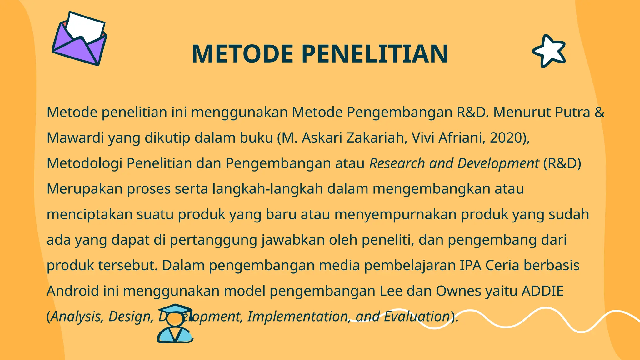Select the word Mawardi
tap(75, 138)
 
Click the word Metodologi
tap(84, 163)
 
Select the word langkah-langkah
tap(267, 189)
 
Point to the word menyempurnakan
tap(395, 215)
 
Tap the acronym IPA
tap(470, 266)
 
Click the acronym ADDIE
tap(542, 291)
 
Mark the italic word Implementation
tap(297, 317)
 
